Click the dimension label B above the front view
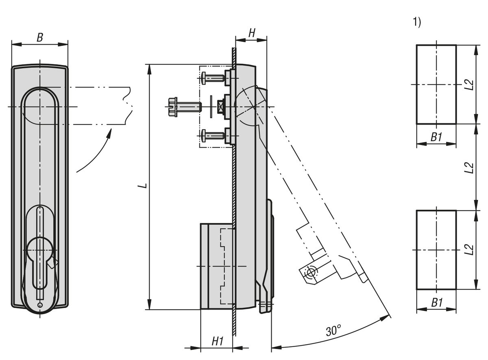39,38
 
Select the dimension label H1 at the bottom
218,342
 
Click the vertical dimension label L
142,186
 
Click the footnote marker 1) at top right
417,22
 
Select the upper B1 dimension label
436,137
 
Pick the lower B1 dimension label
436,303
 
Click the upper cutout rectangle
436,85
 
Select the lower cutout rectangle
436,250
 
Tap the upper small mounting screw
213,78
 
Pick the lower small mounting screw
213,135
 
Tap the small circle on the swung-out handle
311,272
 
